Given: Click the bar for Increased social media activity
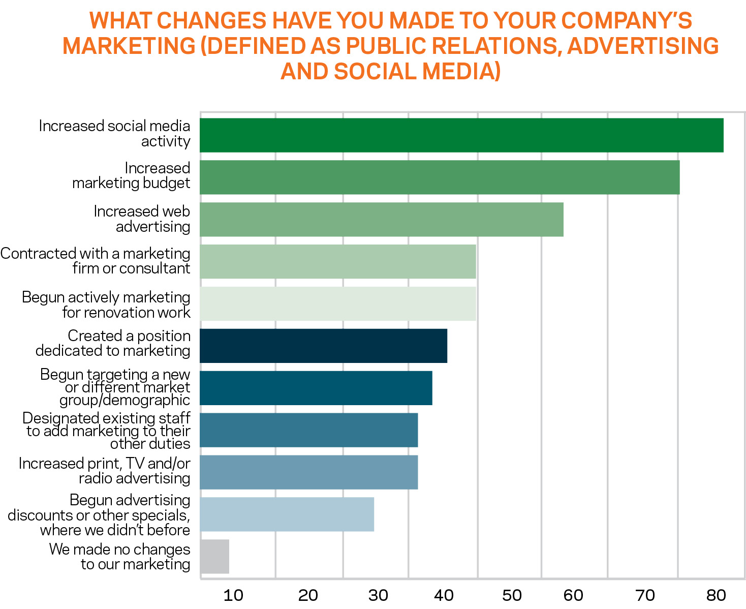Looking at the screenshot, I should coord(461,135).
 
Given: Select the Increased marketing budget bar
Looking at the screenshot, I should coord(440,177).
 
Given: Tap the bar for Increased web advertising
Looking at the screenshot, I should coord(381,220).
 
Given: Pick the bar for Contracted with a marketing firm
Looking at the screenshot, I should coord(337,261).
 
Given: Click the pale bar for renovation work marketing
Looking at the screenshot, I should coord(337,303).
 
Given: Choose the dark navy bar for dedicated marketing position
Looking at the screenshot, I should coord(323,346).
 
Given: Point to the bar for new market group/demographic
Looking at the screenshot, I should coord(316,388).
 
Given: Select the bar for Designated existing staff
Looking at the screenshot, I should coord(308,430).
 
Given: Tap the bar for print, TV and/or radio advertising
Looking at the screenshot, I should coord(308,472).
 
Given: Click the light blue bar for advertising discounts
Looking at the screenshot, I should coord(287,514).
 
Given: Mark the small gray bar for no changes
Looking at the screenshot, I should coord(214,557).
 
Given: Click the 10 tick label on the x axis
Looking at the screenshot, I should coord(233,595).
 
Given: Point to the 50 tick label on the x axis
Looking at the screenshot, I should coord(512,595).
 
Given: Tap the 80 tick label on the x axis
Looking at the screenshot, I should coord(716,595).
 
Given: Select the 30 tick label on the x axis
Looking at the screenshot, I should coord(378,595).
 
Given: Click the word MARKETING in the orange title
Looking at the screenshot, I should coord(129,46).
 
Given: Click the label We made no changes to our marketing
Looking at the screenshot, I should coord(120,557).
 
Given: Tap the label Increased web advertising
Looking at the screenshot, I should coord(142,219).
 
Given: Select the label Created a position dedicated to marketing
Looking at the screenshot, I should coord(113,343).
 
